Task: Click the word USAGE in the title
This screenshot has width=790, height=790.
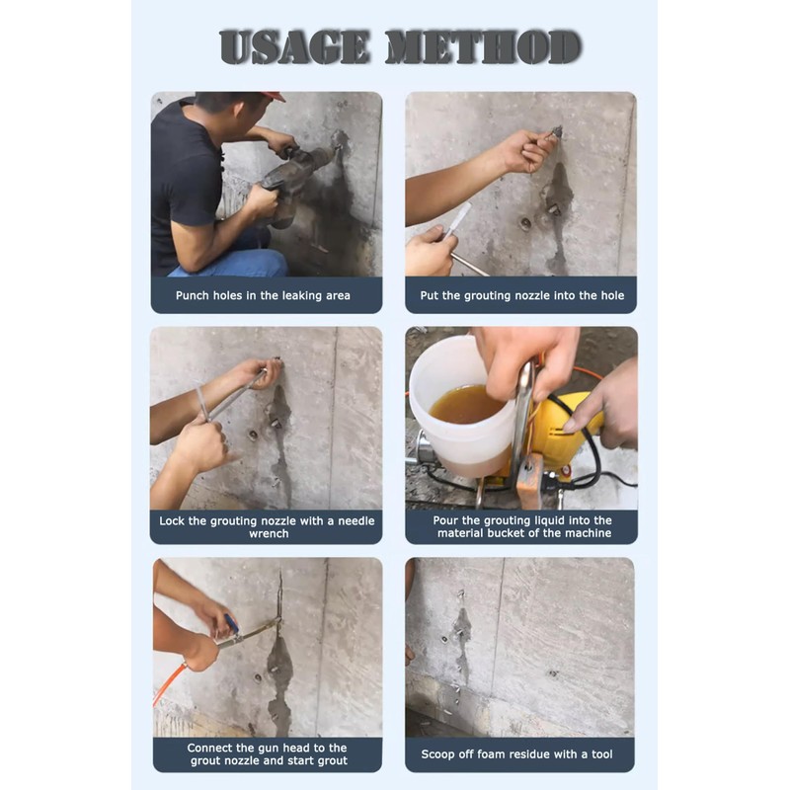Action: point(295,46)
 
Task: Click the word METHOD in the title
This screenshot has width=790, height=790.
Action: point(484,46)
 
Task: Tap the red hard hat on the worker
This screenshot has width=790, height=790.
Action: point(275,96)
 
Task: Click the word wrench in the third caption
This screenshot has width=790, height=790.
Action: point(269,533)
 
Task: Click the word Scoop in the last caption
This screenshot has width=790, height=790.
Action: point(437,754)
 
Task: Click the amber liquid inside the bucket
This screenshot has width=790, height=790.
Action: point(466,404)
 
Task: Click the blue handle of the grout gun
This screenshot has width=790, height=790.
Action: point(231,623)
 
